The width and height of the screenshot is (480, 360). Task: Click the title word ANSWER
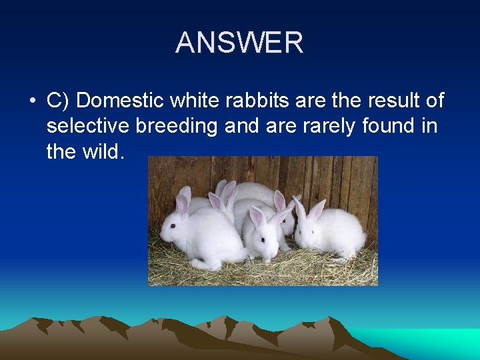tap(239, 43)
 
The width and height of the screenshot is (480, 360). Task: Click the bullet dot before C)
tap(32, 101)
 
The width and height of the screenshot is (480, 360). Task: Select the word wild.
tap(101, 151)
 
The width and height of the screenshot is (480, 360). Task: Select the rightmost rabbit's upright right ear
tap(318, 209)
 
